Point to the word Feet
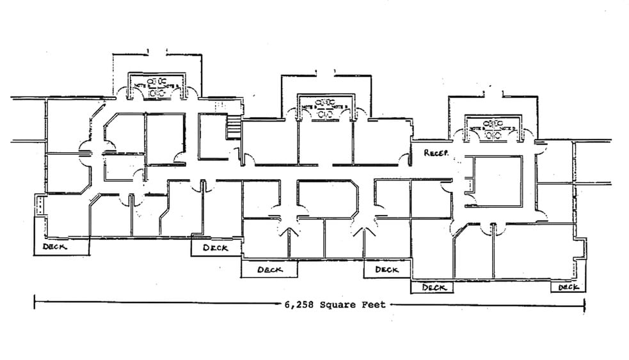click(374, 305)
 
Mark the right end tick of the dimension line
click(584, 305)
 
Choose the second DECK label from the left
click(216, 247)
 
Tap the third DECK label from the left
click(269, 270)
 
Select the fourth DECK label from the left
click(386, 270)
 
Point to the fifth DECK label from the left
click(433, 288)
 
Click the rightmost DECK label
click(568, 288)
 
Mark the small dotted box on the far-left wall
click(40, 205)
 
